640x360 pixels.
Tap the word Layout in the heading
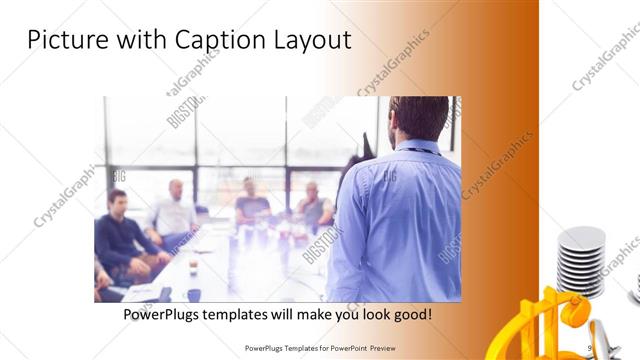coord(314,40)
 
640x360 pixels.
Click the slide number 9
coord(590,348)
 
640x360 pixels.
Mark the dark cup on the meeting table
coord(193,295)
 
